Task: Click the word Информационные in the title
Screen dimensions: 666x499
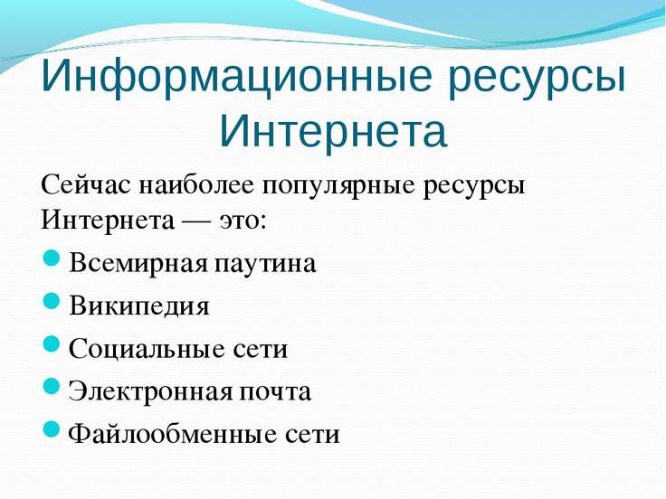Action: point(235,76)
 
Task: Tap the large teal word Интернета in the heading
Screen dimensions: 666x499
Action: point(333,127)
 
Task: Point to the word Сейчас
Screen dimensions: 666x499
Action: point(86,185)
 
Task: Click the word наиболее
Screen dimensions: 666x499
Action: point(195,186)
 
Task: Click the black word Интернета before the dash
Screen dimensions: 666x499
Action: point(108,220)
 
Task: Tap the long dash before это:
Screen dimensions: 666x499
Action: point(196,221)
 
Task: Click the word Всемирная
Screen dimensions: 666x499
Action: point(138,264)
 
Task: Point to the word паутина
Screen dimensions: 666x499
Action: point(265,263)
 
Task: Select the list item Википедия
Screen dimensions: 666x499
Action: point(138,306)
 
